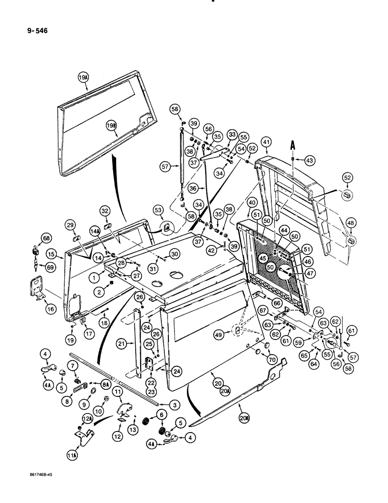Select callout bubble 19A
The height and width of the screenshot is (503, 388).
[83, 77]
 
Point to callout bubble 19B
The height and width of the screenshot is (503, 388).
[111, 125]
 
